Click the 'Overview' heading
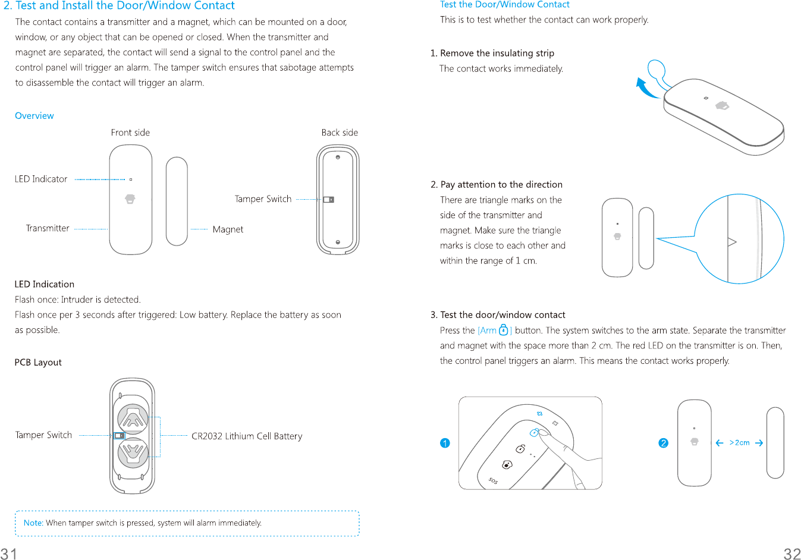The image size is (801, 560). (34, 116)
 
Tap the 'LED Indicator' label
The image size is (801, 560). (41, 179)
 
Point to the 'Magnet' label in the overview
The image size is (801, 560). (228, 229)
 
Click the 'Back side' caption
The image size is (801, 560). (340, 133)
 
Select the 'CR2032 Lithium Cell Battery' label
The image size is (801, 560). (247, 436)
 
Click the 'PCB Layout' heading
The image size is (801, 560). (38, 363)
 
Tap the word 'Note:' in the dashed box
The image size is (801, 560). (33, 523)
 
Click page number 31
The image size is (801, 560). (9, 554)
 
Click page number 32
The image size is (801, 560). (792, 554)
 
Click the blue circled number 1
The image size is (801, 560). (445, 443)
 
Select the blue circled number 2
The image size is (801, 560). (664, 443)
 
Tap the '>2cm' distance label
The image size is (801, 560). (740, 443)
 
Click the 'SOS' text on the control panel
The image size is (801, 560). (493, 480)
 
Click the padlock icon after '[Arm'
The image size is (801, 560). (503, 330)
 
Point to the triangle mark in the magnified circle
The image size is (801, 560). (732, 242)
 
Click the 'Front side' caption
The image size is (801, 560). (130, 133)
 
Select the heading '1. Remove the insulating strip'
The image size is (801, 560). (492, 54)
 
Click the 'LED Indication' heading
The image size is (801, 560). (45, 285)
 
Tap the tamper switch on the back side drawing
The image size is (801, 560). (329, 200)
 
